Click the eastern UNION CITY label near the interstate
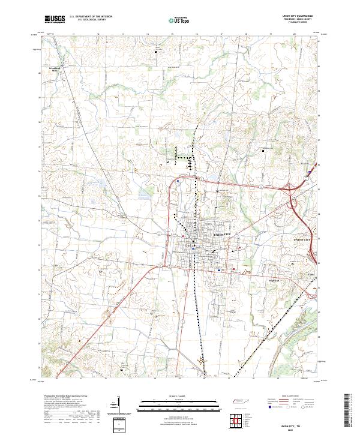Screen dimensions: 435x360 click(304, 239)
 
